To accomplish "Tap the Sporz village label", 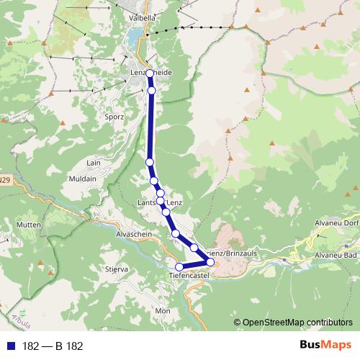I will tap(114, 117).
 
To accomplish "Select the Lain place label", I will tap(94, 164).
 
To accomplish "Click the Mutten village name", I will tap(28, 225).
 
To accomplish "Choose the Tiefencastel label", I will tap(188, 276).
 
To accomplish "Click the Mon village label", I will tap(163, 310).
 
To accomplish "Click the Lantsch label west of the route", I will tap(146, 203).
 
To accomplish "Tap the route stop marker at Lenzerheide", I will tap(150, 73).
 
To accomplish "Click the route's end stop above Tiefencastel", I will tap(179, 267).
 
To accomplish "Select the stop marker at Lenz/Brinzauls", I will tap(210, 261).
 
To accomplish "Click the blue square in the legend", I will tap(11, 346).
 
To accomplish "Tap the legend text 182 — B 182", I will tap(53, 346).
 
